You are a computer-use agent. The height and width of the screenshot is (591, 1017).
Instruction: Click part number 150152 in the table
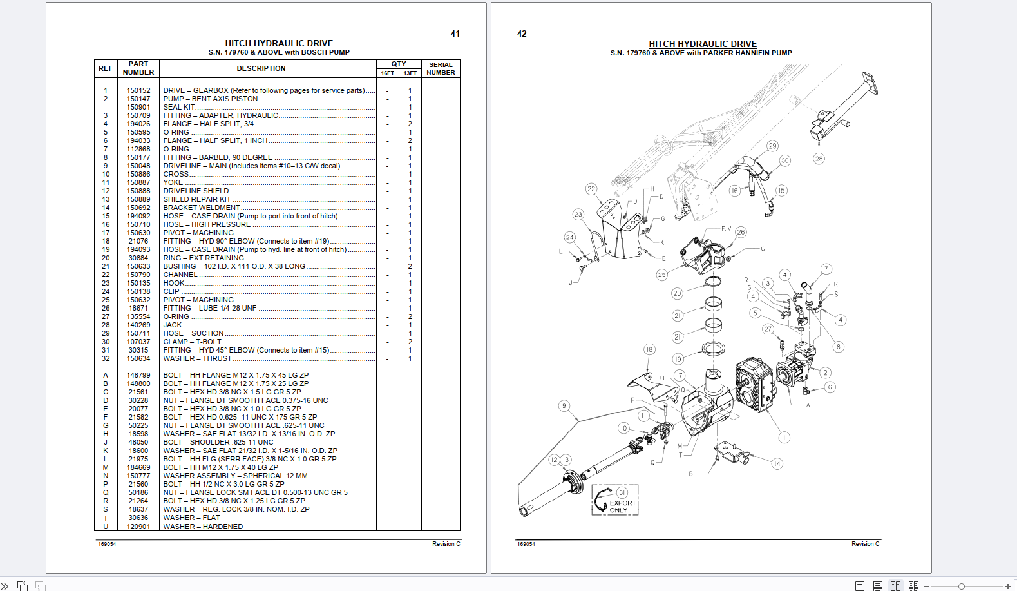click(138, 90)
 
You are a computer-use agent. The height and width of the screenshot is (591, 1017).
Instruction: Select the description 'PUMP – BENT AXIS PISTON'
click(210, 99)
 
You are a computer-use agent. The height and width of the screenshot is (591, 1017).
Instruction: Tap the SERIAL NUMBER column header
click(441, 68)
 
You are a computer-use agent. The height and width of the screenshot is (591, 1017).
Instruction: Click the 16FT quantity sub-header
click(387, 73)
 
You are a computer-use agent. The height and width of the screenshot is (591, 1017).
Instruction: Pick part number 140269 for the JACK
click(138, 325)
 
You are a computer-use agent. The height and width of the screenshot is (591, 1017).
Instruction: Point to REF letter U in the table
click(106, 527)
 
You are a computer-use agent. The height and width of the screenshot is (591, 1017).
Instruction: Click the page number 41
click(455, 34)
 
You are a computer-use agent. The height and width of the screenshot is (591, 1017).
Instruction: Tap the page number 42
click(522, 34)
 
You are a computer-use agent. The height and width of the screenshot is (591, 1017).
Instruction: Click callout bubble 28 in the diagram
click(819, 159)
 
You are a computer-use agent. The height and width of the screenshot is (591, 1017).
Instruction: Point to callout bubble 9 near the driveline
click(564, 405)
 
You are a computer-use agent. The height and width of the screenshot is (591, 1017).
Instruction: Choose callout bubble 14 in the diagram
click(777, 464)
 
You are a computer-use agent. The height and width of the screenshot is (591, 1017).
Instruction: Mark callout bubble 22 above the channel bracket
click(591, 189)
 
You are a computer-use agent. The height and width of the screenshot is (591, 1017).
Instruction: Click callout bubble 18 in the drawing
click(649, 349)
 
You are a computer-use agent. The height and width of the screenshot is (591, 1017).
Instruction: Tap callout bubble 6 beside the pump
click(830, 387)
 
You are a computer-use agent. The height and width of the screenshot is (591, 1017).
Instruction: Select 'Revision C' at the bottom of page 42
click(866, 544)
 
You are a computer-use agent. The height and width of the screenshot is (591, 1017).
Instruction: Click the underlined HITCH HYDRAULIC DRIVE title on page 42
click(702, 44)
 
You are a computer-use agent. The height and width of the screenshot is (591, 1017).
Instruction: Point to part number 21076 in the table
click(138, 241)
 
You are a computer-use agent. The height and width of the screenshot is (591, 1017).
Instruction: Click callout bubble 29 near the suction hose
click(772, 146)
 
